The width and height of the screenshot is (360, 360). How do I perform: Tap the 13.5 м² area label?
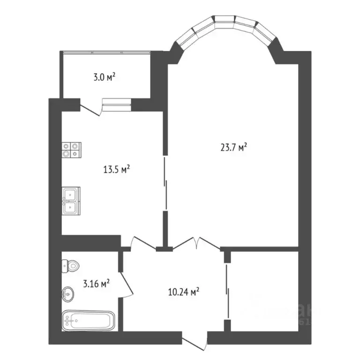click(x=116, y=169)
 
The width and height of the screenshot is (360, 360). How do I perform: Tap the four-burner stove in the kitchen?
click(x=71, y=150)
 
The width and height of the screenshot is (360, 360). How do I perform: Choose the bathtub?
click(x=88, y=321)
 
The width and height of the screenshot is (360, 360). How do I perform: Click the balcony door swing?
click(x=92, y=109)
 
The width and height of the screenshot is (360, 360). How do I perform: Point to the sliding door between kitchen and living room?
click(x=165, y=183)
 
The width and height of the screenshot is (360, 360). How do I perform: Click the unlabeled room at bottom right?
click(x=265, y=291)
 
